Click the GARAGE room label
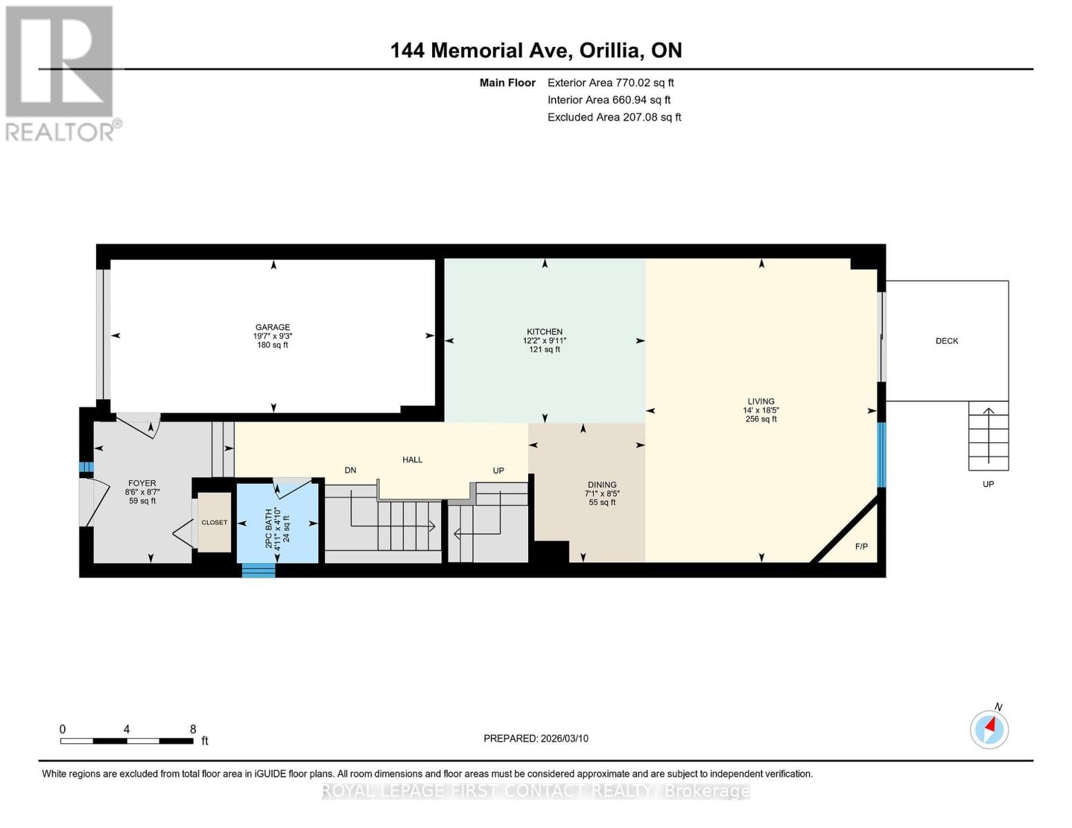[273, 327]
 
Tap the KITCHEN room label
[545, 332]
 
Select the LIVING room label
[761, 401]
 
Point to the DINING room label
[602, 485]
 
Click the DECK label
[946, 341]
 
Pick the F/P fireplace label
[861, 546]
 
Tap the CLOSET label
[214, 522]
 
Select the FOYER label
[142, 483]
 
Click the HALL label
[413, 460]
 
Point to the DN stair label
[351, 470]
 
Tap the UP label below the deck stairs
[988, 484]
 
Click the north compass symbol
[990, 729]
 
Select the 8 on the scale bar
[193, 729]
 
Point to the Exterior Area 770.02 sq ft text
[610, 83]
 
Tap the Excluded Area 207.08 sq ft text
[614, 117]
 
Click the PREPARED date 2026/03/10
[536, 738]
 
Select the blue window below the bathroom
[258, 570]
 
